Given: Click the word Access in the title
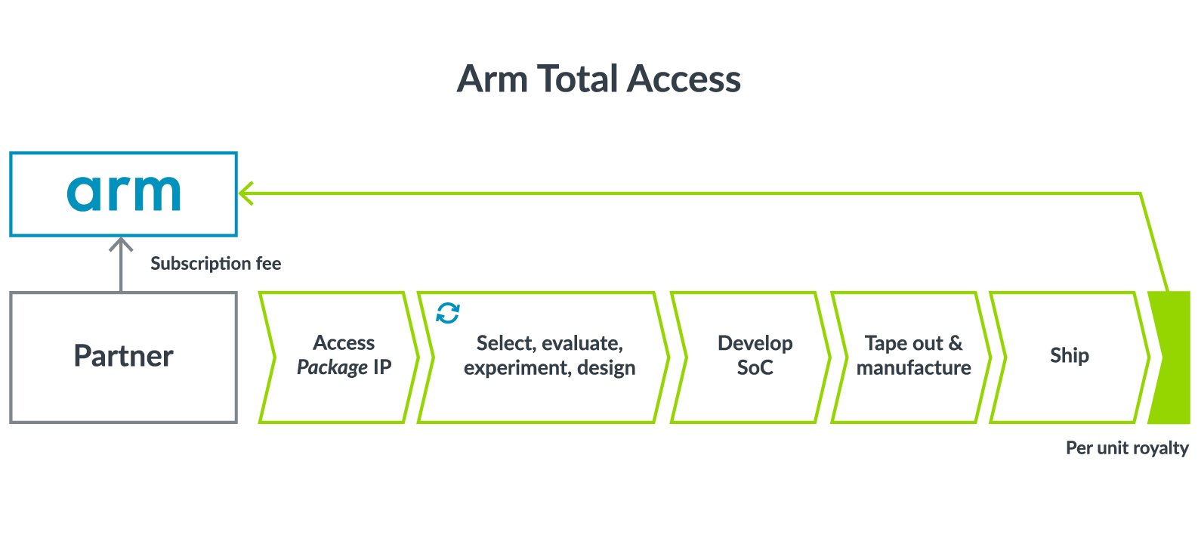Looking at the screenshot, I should click(684, 79).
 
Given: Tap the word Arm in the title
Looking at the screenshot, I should click(492, 79).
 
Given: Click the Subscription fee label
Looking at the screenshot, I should click(215, 264).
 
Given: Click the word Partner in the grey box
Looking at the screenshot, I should click(123, 356).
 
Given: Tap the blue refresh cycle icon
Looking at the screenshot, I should click(448, 313).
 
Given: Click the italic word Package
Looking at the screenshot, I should click(332, 368).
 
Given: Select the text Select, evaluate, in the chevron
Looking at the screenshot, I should click(549, 343).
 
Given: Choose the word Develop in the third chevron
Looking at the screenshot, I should click(755, 343).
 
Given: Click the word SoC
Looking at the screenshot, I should click(755, 368).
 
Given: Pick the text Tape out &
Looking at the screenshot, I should click(913, 343).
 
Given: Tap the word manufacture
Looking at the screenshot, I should click(913, 368).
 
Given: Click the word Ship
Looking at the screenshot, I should click(1069, 355).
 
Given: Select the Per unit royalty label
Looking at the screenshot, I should click(1126, 448).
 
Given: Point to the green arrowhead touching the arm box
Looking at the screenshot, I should click(245, 193).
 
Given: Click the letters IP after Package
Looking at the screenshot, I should click(382, 367).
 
